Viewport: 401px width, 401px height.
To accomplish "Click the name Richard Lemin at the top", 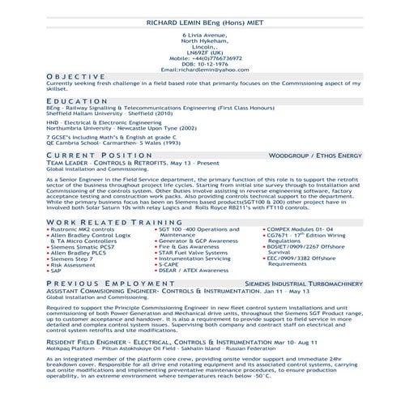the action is click(201, 23).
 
